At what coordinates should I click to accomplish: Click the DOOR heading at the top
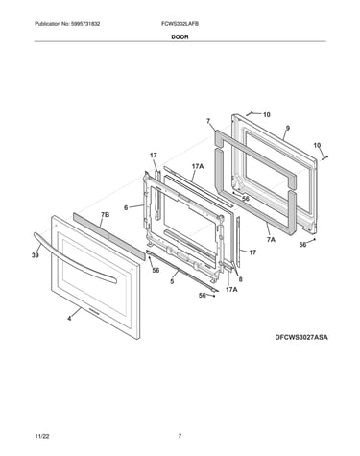(x=180, y=36)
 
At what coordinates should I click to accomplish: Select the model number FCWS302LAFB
(x=180, y=24)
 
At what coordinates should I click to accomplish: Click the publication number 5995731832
(x=85, y=24)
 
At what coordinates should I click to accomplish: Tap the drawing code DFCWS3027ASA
(x=301, y=337)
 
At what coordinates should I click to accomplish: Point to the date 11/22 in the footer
(x=42, y=436)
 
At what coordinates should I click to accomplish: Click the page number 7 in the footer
(x=180, y=436)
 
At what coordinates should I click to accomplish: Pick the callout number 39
(x=36, y=255)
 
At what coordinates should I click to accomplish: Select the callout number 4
(x=69, y=319)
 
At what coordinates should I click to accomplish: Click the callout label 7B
(x=105, y=215)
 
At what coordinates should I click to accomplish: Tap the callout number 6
(x=126, y=207)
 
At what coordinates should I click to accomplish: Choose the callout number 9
(x=288, y=128)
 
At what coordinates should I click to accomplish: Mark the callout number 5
(x=172, y=281)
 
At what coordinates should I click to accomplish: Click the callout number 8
(x=241, y=279)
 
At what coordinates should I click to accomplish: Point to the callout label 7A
(x=271, y=239)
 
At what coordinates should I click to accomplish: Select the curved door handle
(x=74, y=258)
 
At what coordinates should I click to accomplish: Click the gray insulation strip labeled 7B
(x=107, y=236)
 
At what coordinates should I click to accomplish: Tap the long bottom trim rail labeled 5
(x=182, y=271)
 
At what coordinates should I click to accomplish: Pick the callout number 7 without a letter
(x=208, y=121)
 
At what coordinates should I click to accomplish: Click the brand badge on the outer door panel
(x=93, y=310)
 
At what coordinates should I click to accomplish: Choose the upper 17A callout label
(x=198, y=166)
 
